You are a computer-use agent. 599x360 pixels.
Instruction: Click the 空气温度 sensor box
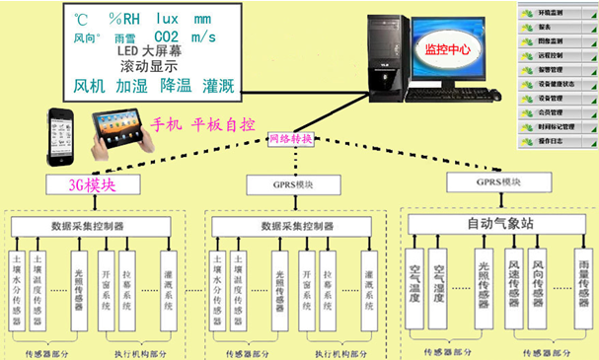(413, 285)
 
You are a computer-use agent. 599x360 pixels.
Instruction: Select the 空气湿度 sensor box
(441, 285)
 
